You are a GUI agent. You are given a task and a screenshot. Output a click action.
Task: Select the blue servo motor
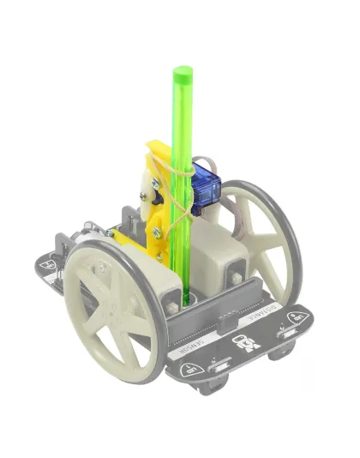(206, 190)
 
